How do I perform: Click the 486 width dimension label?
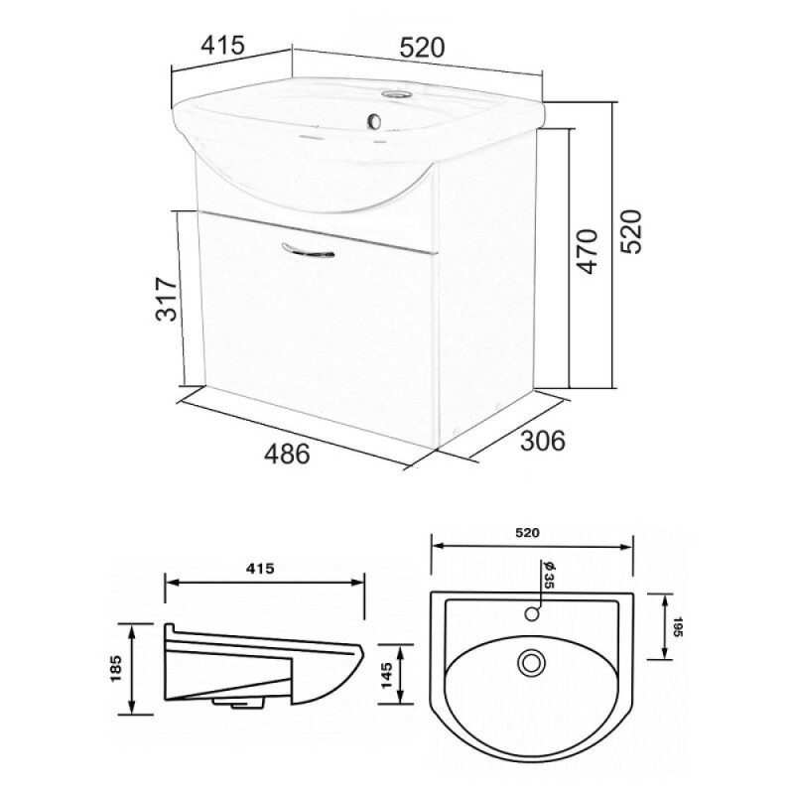287,454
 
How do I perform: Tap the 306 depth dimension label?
542,440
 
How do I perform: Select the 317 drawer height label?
167,299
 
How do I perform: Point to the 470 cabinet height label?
587,251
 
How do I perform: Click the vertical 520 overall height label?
631,231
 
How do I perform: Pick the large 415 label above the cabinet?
222,45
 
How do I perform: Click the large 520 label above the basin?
422,47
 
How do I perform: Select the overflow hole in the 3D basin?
375,120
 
